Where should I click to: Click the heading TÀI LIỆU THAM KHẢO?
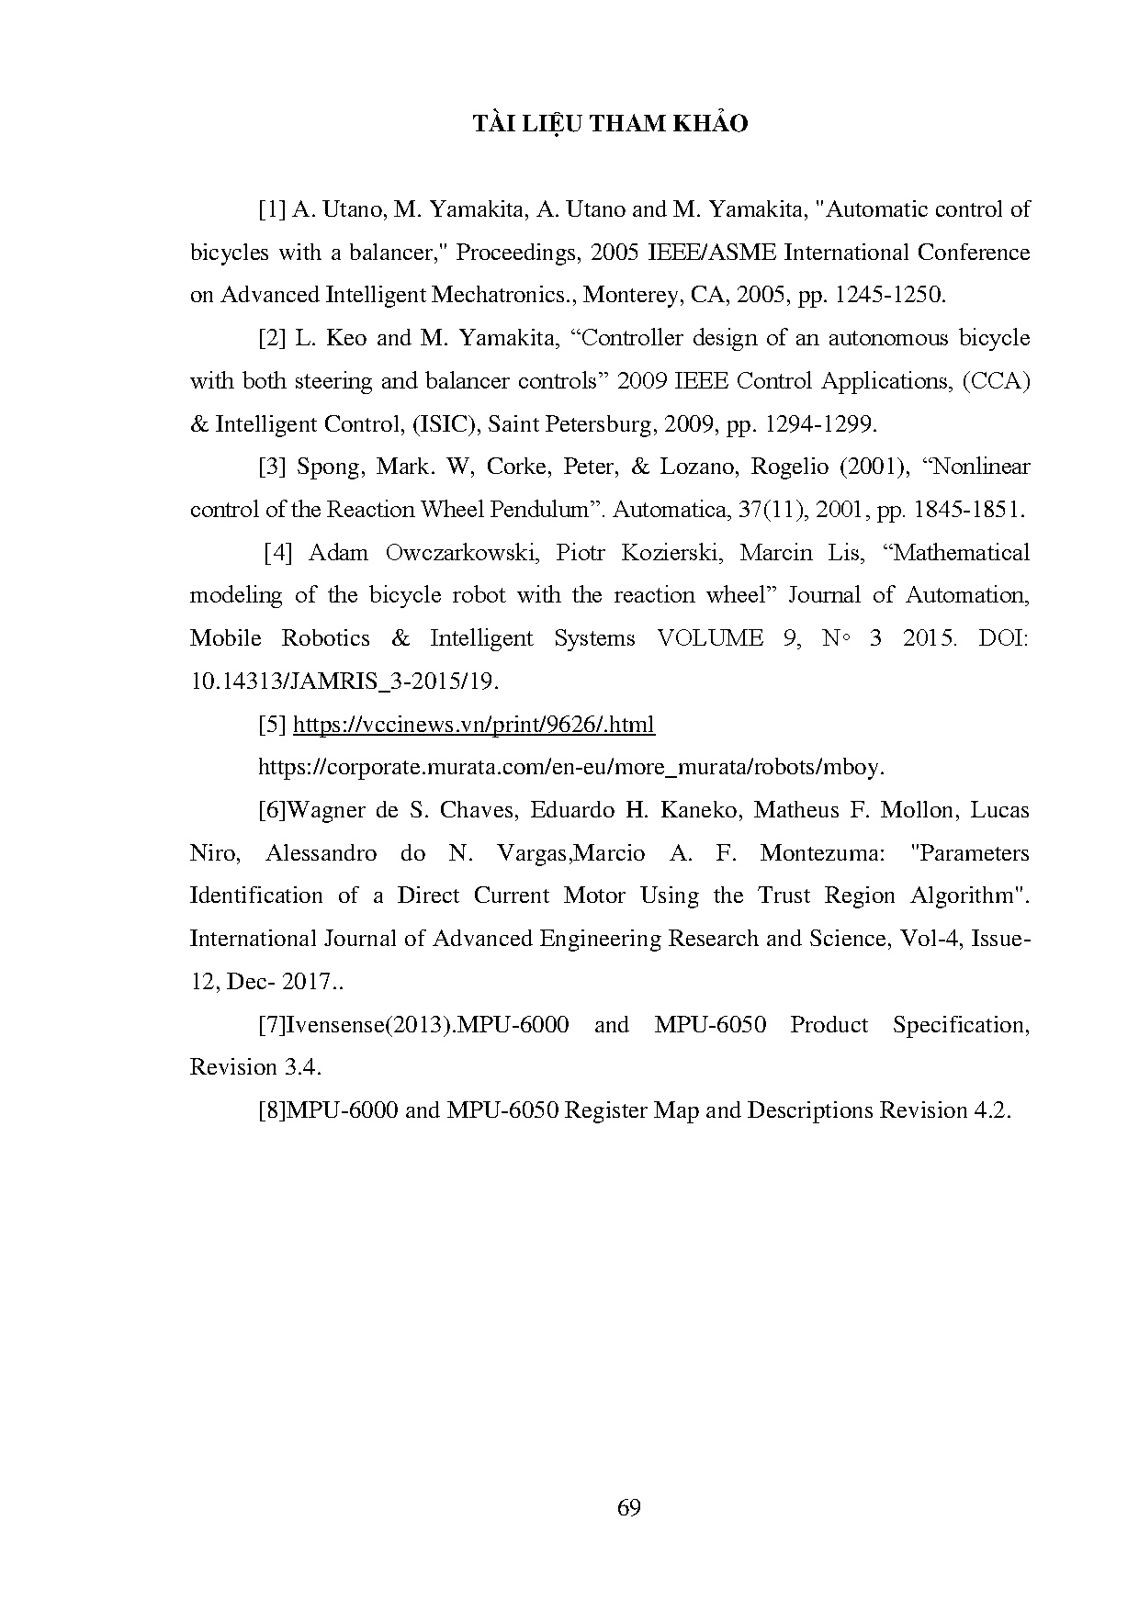tap(610, 124)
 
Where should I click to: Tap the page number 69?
tap(629, 1507)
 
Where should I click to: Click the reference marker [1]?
tap(272, 209)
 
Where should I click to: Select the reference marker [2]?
tap(272, 338)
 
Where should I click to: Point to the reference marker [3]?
tap(272, 467)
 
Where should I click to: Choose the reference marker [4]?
tap(277, 553)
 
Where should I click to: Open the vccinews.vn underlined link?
tap(474, 725)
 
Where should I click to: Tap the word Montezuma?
tap(822, 853)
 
